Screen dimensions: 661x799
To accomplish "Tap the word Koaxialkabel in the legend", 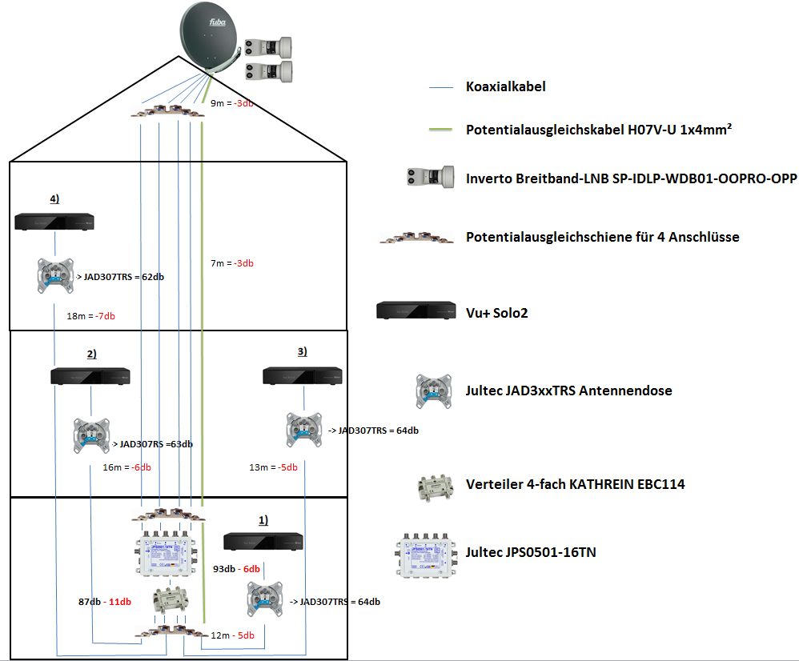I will pyautogui.click(x=505, y=86).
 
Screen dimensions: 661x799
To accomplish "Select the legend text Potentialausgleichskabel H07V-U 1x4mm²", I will pyautogui.click(x=599, y=129).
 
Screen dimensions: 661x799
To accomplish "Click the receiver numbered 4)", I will pyautogui.click(x=54, y=220).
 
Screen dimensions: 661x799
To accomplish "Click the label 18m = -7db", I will pyautogui.click(x=90, y=316).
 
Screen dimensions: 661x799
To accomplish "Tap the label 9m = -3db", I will pyautogui.click(x=232, y=104).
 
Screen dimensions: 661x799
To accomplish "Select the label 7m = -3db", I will pyautogui.click(x=231, y=263).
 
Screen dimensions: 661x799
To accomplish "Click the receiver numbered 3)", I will pyautogui.click(x=303, y=375).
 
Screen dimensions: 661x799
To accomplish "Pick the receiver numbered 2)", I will pyautogui.click(x=90, y=376).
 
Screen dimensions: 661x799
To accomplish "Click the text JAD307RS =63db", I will pyautogui.click(x=156, y=444).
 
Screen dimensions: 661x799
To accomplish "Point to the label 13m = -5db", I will pyautogui.click(x=274, y=468).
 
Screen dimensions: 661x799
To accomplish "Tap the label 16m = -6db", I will pyautogui.click(x=127, y=468).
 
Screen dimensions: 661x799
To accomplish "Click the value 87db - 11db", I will pyautogui.click(x=100, y=601).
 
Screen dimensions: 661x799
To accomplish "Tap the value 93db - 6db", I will pyautogui.click(x=236, y=569).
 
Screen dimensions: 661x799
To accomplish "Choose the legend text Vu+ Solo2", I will pyautogui.click(x=496, y=313).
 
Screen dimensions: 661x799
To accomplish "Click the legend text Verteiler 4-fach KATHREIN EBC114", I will pyautogui.click(x=575, y=484).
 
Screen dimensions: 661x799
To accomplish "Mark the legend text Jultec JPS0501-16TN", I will pyautogui.click(x=530, y=552).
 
